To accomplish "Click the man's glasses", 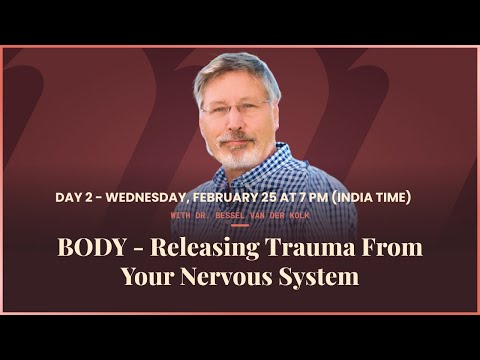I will pos(236,107).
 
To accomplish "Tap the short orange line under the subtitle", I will pos(240,225).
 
